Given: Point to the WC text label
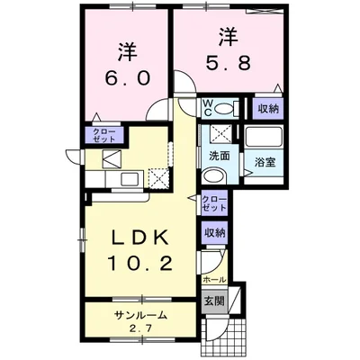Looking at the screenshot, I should [x=207, y=109].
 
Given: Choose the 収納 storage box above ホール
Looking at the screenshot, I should [x=213, y=232].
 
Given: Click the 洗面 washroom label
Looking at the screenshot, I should [x=220, y=156].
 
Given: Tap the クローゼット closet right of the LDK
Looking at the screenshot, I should [x=213, y=202].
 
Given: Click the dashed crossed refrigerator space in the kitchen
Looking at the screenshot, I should [x=160, y=175].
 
